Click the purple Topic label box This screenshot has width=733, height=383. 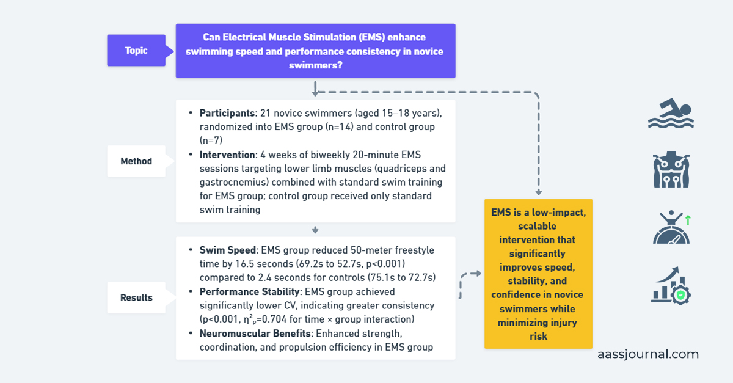tap(136, 50)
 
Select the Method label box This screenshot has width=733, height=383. tap(136, 161)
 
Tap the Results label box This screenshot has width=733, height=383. tap(136, 297)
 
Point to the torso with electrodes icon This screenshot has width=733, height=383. tap(671, 170)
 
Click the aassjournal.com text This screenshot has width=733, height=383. tap(648, 354)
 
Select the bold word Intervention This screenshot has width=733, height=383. tap(226, 155)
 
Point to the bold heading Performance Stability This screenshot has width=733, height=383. tap(250, 291)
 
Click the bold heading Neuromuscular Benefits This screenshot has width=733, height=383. tap(256, 333)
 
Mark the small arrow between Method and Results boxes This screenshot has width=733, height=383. tap(315, 230)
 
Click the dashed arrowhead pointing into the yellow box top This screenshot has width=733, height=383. tap(538, 191)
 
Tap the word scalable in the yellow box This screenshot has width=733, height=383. tap(538, 226)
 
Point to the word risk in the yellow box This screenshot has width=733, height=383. tap(538, 336)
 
